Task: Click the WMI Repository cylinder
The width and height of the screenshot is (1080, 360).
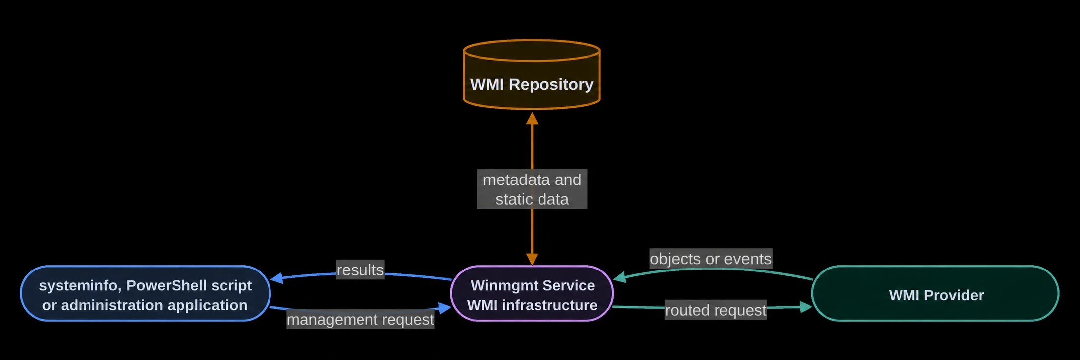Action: pyautogui.click(x=532, y=75)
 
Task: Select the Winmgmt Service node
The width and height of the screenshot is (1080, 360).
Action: pyautogui.click(x=532, y=293)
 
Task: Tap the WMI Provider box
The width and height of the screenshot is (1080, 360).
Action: pyautogui.click(x=935, y=293)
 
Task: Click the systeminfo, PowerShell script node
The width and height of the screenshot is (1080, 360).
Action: pyautogui.click(x=145, y=293)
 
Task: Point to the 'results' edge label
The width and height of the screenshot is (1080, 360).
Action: pyautogui.click(x=360, y=270)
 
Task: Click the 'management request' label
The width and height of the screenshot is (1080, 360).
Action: pyautogui.click(x=360, y=319)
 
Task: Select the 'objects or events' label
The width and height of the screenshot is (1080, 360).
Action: pyautogui.click(x=711, y=259)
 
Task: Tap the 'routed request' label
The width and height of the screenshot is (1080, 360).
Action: pyautogui.click(x=716, y=310)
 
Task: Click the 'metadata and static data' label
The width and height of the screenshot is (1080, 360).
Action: pyautogui.click(x=532, y=189)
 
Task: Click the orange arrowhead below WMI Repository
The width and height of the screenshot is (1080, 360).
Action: pyautogui.click(x=532, y=118)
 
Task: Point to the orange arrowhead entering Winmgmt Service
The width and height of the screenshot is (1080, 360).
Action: pyautogui.click(x=532, y=259)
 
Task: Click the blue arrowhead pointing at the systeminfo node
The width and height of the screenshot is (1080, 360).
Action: pyautogui.click(x=276, y=278)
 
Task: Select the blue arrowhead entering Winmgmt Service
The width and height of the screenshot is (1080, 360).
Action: pyautogui.click(x=445, y=308)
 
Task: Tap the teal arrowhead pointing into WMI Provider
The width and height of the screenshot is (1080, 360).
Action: pyautogui.click(x=806, y=307)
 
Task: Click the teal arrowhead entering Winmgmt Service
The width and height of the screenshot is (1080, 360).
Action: pyautogui.click(x=620, y=277)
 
